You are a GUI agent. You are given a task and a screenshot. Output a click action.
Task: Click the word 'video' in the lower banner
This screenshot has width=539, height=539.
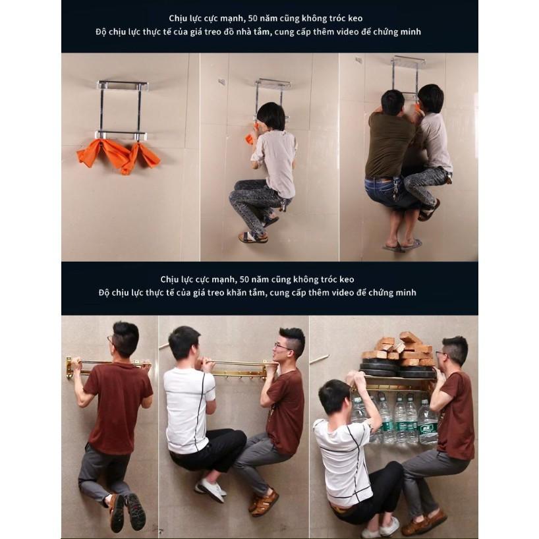[347, 293]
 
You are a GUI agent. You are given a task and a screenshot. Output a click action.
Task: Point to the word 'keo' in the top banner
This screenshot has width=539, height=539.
[355, 18]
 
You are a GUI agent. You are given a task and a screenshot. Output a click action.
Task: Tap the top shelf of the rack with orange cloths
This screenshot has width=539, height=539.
[123, 85]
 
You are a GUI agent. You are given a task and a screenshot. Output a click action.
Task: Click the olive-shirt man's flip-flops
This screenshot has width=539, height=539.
[403, 244]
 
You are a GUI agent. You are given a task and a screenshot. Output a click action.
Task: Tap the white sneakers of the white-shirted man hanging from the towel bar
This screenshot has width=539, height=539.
[210, 489]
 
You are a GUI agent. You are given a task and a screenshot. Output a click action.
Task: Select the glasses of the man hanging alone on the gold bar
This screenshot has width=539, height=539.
[110, 340]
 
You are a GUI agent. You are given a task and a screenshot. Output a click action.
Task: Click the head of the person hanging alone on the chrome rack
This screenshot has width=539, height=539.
[271, 116]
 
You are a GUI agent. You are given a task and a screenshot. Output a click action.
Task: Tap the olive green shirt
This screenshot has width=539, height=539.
[391, 144]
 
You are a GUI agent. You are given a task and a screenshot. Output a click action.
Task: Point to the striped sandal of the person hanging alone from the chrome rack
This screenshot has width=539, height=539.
[253, 237]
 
